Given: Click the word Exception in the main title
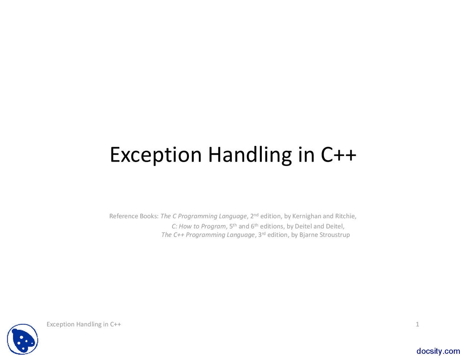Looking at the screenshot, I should pos(156,155).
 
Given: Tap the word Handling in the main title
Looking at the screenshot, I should pos(250,155).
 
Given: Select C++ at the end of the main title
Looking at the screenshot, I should pos(338,154).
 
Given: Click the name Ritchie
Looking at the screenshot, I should pos(345,216).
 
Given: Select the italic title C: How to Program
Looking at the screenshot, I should pos(199,226).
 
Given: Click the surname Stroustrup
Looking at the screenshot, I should pos(335,235).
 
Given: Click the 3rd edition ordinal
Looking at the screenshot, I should pos(262,234).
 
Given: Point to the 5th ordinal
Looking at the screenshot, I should pos(233,226).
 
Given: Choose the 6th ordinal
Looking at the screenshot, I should pos(254,226).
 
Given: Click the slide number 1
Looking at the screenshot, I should pos(417,324).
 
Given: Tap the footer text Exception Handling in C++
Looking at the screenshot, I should pos(84,324).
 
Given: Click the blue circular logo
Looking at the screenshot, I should pos(23,339).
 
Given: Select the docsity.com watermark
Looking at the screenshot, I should pos(438,351).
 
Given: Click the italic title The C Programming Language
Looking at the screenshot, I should pos(204,216).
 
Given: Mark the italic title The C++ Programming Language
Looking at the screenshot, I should pos(208,235).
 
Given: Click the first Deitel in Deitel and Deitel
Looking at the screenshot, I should pos(303,226).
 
